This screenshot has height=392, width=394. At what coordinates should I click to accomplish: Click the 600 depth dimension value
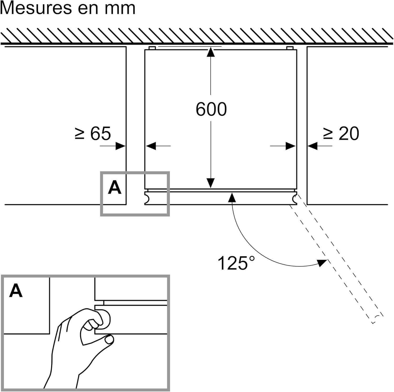click(x=211, y=109)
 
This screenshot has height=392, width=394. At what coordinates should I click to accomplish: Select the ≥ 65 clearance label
click(x=93, y=133)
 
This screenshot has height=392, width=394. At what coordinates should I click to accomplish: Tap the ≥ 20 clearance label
click(x=341, y=133)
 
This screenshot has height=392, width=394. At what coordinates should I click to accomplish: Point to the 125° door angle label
click(x=236, y=263)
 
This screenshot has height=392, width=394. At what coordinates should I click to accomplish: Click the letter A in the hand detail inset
click(x=16, y=291)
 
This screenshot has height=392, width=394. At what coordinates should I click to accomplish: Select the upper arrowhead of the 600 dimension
click(x=211, y=52)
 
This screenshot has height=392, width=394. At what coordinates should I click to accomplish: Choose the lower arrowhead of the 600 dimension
click(x=211, y=183)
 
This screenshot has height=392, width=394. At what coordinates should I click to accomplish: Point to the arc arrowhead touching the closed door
click(x=232, y=197)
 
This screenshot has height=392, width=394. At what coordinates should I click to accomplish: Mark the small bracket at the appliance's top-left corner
click(x=152, y=48)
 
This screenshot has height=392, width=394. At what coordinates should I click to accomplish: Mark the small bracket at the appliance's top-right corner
click(x=290, y=48)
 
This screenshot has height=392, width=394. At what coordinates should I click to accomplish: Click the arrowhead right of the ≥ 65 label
click(x=121, y=146)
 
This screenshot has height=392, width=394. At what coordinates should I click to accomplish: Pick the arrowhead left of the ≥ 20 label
click(x=313, y=146)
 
